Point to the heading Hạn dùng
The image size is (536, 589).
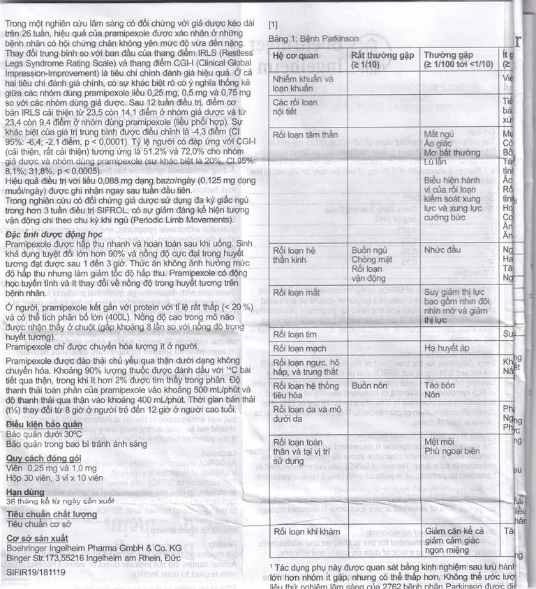tap(26, 492)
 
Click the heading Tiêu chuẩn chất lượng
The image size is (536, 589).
tap(52, 514)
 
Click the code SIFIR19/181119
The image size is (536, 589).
tap(36, 572)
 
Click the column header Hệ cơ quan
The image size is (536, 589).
tap(296, 54)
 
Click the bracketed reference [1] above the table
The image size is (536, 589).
tap(274, 24)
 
